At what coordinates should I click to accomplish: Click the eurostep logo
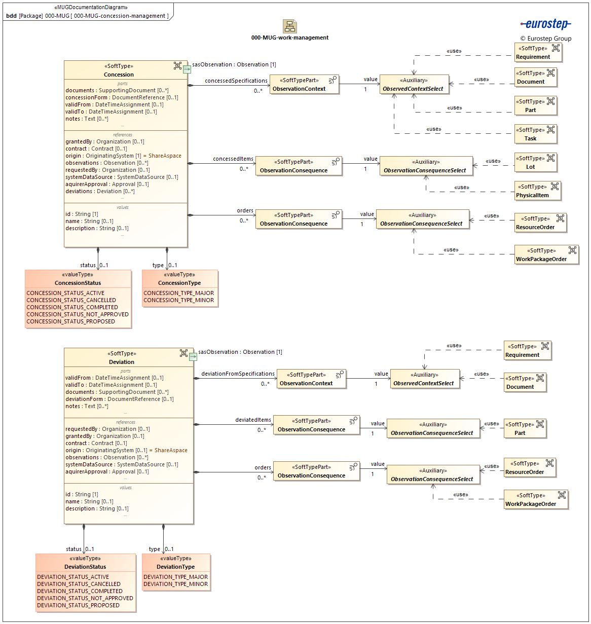click(545, 24)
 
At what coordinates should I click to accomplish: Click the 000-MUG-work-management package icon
click(290, 26)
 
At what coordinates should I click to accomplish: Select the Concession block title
click(119, 75)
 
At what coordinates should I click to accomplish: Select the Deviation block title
click(122, 362)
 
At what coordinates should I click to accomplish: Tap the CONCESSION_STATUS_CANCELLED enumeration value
click(71, 300)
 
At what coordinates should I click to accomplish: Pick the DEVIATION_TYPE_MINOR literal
click(175, 584)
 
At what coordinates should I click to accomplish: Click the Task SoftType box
click(535, 134)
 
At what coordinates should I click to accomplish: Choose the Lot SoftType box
click(535, 163)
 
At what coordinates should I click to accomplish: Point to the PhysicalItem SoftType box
click(538, 191)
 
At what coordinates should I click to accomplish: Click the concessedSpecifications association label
click(236, 81)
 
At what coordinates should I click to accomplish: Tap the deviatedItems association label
click(253, 420)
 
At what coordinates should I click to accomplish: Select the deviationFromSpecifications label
click(238, 374)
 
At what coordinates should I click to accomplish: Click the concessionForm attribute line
click(122, 97)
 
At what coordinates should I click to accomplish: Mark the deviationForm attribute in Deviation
click(119, 399)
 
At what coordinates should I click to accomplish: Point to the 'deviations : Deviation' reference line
click(100, 191)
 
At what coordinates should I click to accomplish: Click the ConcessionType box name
click(179, 283)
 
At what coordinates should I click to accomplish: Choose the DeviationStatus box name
click(85, 567)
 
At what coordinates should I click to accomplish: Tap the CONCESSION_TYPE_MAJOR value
click(178, 293)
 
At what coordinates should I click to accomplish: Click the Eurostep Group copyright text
click(545, 39)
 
